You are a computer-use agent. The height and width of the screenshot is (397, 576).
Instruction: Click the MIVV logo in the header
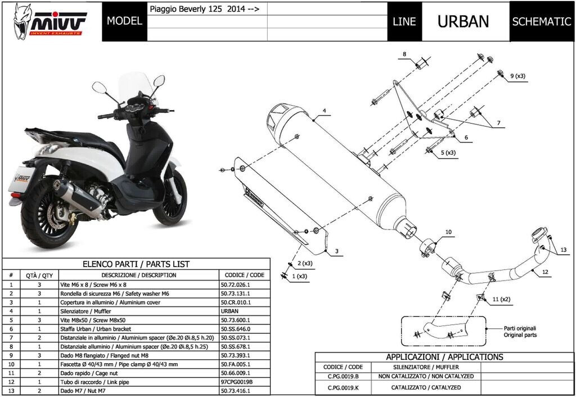[49, 21]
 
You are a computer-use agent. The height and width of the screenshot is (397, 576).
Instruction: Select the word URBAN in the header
[463, 21]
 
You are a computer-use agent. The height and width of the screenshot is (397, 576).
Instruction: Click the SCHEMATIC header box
[541, 21]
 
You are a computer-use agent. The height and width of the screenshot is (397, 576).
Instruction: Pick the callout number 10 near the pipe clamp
[448, 232]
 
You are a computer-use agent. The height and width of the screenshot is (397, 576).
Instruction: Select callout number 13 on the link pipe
[563, 249]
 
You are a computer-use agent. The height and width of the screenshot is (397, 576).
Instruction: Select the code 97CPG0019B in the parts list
[238, 382]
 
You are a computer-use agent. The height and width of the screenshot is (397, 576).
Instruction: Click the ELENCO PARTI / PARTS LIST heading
[136, 264]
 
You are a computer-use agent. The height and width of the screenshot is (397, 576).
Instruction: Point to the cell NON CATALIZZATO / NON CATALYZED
[433, 376]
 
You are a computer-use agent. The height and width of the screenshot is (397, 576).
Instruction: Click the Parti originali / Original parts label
[520, 331]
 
